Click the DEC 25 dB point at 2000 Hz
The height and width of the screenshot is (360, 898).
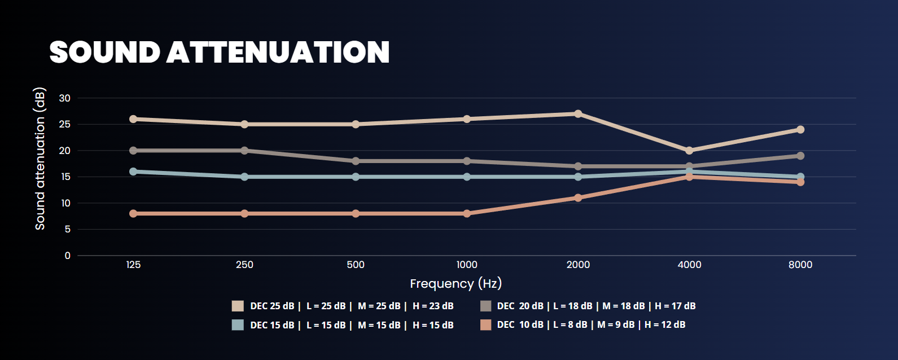point(578,114)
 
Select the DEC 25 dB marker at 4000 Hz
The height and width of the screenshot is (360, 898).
point(689,151)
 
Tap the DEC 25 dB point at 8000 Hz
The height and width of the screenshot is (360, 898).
point(800,130)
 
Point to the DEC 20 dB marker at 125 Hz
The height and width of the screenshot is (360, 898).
point(133,151)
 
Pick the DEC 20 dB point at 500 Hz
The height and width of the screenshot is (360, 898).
point(356,161)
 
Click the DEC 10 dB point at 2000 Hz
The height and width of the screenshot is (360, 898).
point(578,198)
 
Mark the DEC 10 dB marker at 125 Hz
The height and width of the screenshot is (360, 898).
point(133,214)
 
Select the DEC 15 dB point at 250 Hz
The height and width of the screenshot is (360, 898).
point(244,177)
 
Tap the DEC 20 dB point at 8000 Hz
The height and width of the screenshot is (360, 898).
point(800,156)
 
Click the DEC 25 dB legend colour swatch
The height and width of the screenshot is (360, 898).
point(238,306)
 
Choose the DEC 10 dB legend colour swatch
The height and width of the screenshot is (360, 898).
point(485,325)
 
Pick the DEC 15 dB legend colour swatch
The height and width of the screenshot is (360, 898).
point(238,325)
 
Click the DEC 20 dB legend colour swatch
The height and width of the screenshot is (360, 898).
point(485,306)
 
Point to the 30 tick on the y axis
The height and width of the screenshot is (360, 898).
point(65,98)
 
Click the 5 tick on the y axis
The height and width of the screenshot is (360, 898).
point(68,230)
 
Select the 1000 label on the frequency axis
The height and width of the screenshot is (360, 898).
point(467,265)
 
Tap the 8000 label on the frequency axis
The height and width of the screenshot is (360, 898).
point(800,265)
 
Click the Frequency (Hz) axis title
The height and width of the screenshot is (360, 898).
point(455,283)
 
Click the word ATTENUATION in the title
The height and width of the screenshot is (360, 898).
point(278,52)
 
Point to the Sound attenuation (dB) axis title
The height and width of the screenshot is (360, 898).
point(40,159)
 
